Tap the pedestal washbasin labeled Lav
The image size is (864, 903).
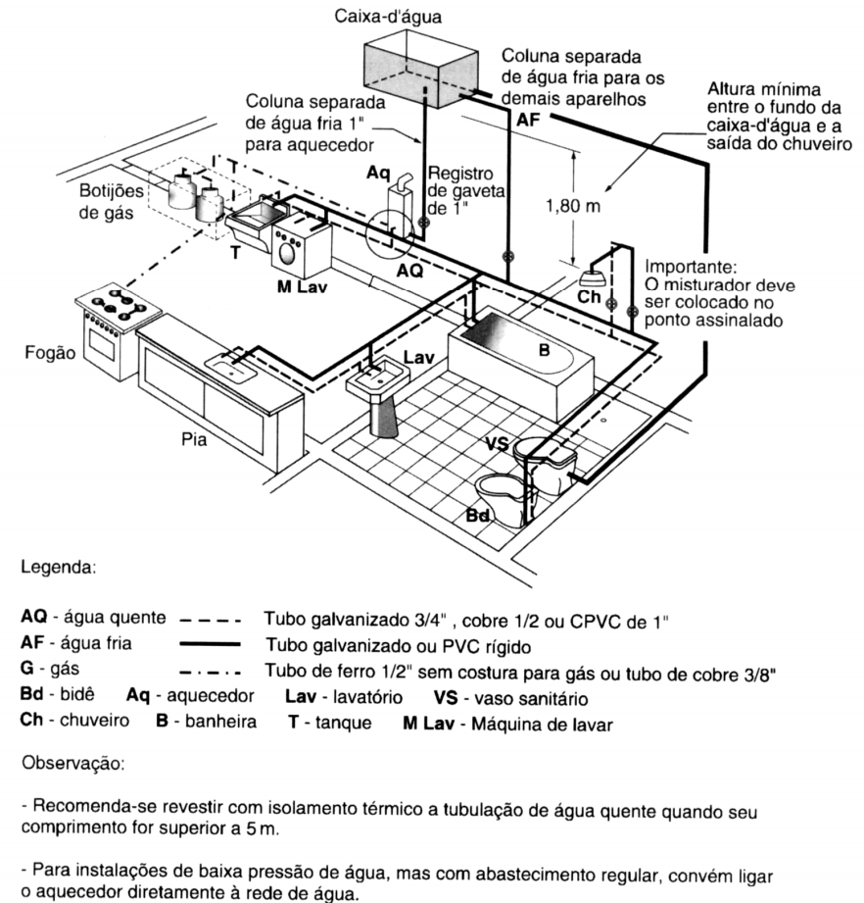click(x=381, y=392)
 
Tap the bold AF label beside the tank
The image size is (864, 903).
click(x=529, y=118)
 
